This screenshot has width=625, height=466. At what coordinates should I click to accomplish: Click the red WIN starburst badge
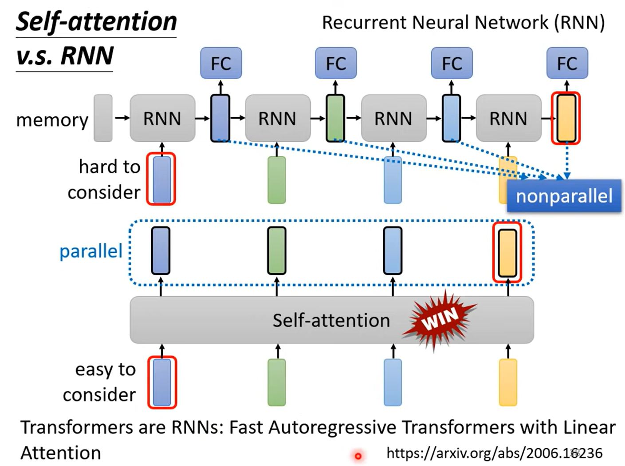click(x=439, y=319)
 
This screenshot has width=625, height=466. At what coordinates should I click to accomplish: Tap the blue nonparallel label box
click(x=564, y=196)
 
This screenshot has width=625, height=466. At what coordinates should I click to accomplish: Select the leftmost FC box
click(x=221, y=63)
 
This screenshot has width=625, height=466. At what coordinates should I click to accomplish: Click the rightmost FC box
click(x=567, y=63)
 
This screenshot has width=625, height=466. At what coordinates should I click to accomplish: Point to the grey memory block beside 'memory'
click(x=103, y=118)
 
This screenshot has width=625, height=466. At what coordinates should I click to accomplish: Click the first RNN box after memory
click(x=162, y=118)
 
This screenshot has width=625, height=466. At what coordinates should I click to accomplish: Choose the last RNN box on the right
click(x=508, y=118)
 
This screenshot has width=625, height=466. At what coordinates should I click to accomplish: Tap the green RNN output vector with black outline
click(x=335, y=118)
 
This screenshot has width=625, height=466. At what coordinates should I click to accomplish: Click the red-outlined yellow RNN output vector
click(x=566, y=118)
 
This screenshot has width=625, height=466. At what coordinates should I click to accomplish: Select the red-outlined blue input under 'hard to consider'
click(x=161, y=179)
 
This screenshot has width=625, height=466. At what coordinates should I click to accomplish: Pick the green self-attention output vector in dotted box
click(x=277, y=251)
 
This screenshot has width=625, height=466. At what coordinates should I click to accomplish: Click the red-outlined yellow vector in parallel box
click(x=507, y=252)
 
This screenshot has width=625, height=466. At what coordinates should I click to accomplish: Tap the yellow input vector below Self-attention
click(x=508, y=382)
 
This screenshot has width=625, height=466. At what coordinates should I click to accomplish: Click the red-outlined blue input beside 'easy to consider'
click(x=162, y=382)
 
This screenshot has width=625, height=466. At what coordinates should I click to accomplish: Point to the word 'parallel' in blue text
click(x=91, y=251)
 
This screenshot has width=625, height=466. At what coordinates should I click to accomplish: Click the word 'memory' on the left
click(x=52, y=120)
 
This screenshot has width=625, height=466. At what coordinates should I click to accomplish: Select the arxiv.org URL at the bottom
click(x=494, y=453)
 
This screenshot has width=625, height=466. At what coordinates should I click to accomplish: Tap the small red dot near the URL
click(x=358, y=456)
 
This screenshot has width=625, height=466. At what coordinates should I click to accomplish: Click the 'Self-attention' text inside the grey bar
click(x=331, y=320)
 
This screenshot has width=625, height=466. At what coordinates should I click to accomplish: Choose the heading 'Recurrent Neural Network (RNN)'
click(x=463, y=23)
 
